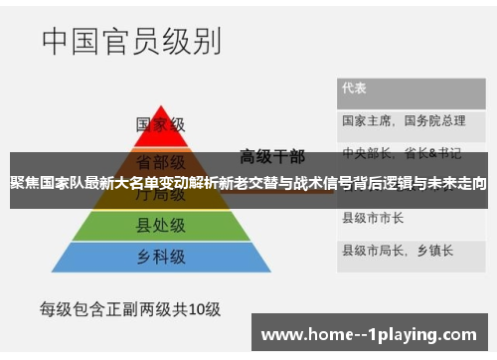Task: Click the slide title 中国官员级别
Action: tap(131, 43)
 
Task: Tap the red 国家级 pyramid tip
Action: tap(160, 121)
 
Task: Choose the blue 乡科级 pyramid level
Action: tap(160, 257)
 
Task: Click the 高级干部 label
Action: tap(272, 155)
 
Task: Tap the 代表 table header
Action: tap(355, 88)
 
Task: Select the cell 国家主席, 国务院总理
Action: tap(403, 120)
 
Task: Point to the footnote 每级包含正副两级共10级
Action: tap(129, 309)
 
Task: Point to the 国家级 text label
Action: tap(160, 125)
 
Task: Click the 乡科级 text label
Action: tap(160, 257)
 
